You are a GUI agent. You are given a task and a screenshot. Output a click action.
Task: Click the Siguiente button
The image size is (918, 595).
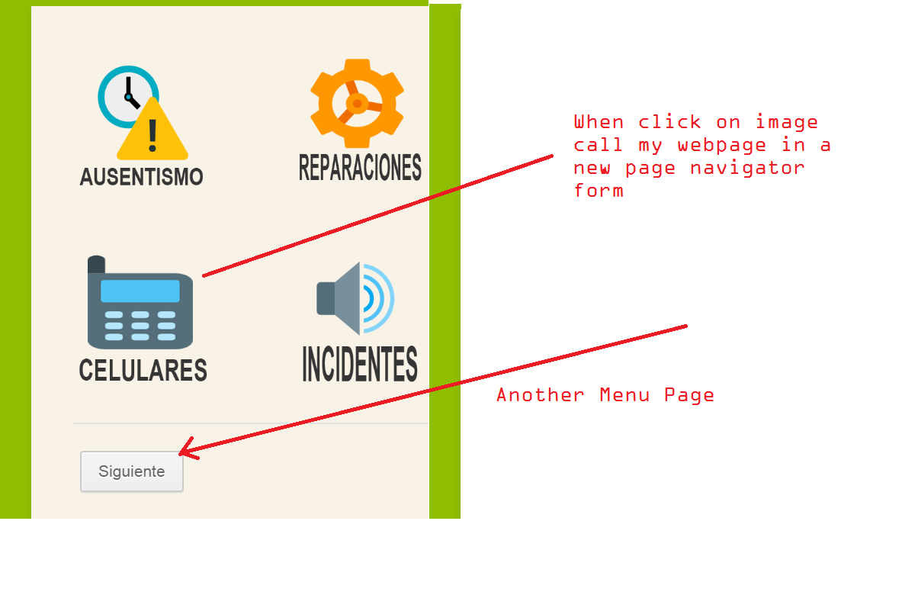(x=132, y=471)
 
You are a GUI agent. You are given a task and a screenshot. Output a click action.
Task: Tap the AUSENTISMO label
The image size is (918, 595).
(x=141, y=177)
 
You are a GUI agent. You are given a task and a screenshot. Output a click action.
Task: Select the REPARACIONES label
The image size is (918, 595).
(x=360, y=168)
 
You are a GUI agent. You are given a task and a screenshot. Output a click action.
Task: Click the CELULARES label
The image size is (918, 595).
(x=143, y=370)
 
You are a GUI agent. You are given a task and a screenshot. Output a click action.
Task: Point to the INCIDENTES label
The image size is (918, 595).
(x=360, y=364)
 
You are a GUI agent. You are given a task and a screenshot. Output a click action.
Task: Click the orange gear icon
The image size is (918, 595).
(x=357, y=103)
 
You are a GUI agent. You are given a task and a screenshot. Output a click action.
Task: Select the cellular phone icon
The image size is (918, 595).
(x=140, y=305)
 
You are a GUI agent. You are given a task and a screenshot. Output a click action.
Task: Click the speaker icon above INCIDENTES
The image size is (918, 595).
(x=355, y=298)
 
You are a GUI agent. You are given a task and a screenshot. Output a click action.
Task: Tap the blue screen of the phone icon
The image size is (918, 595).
(x=140, y=291)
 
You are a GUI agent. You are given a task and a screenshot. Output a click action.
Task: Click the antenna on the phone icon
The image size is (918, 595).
(x=96, y=265)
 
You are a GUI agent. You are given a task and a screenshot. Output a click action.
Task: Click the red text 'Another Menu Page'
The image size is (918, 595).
(x=605, y=395)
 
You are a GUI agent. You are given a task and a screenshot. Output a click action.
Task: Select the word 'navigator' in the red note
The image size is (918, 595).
(x=747, y=168)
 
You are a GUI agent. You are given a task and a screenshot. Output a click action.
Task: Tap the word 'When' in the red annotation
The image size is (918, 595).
(x=599, y=122)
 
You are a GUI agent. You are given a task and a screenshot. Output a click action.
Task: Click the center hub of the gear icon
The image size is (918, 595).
(x=356, y=103)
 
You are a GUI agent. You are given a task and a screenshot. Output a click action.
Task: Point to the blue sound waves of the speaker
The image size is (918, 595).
(x=379, y=298)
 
